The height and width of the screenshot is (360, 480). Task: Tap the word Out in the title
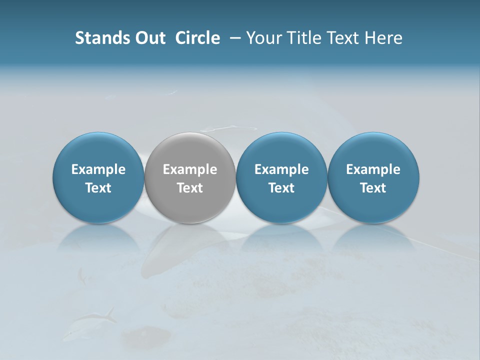(149, 38)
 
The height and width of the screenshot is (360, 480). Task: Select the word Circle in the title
(197, 38)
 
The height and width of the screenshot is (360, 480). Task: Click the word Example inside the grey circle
(190, 169)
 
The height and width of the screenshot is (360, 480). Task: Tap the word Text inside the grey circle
(190, 188)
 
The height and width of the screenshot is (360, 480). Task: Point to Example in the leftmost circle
(98, 169)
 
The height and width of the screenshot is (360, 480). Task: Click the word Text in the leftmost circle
(98, 188)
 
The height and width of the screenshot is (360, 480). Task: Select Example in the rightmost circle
(373, 169)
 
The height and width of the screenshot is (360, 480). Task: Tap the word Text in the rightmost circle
(373, 188)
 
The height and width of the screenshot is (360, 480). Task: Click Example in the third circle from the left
(281, 169)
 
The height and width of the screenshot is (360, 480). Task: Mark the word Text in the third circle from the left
(281, 188)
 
